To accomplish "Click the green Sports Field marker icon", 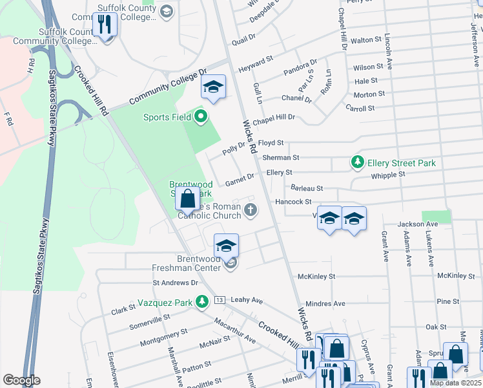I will [x=200, y=117].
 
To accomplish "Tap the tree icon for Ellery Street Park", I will [x=357, y=162].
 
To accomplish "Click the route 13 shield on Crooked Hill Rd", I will [x=220, y=300].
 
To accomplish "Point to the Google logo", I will [x=21, y=380].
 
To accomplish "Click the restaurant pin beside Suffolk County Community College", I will [x=104, y=25].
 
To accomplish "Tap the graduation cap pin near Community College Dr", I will [x=213, y=87].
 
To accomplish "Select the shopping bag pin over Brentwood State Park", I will [x=187, y=200].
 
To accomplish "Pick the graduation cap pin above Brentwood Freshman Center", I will [x=226, y=246].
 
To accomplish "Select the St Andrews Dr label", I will [x=175, y=283].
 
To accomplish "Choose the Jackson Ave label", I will [x=418, y=224].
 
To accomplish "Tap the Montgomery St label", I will [x=163, y=336].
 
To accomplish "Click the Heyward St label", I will [x=256, y=63].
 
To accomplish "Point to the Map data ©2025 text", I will [x=455, y=383].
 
